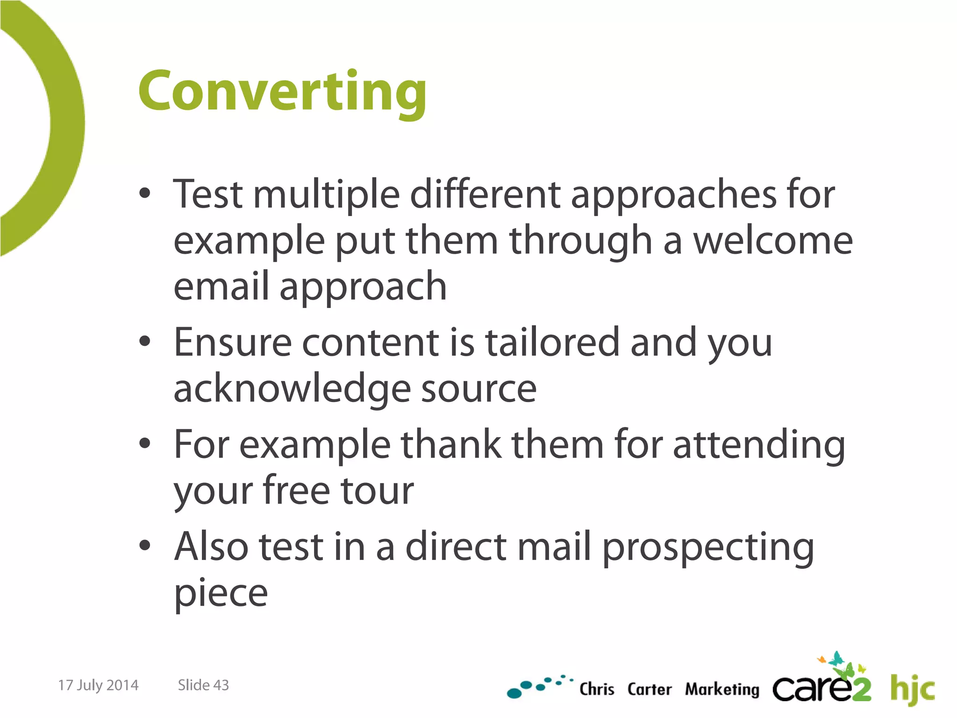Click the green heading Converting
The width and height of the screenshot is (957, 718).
click(282, 92)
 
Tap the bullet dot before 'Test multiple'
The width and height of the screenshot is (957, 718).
click(145, 194)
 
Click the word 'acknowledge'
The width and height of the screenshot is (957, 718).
click(292, 389)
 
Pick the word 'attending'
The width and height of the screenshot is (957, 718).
click(759, 445)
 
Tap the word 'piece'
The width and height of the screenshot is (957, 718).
click(221, 594)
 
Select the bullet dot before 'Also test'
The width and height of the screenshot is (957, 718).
click(145, 545)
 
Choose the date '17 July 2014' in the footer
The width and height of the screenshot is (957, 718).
click(98, 685)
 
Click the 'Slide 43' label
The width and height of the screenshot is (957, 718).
click(203, 685)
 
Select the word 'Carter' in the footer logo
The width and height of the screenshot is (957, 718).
click(649, 689)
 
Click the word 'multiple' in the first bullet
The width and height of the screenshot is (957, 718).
click(326, 194)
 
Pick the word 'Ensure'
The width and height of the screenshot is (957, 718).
click(233, 342)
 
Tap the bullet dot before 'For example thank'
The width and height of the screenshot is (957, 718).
click(145, 443)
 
